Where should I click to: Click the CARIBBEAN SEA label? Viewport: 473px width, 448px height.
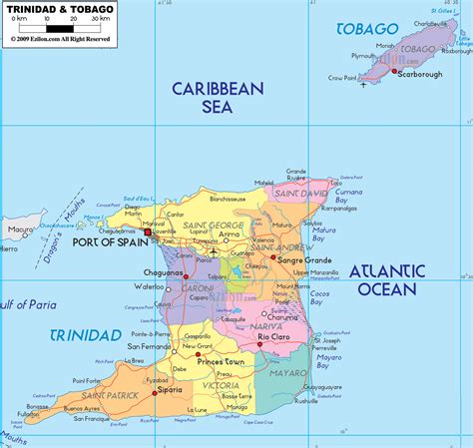coord(218,98)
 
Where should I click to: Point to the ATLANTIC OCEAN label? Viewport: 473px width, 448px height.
coord(387,280)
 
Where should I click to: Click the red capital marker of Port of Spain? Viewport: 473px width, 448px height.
coord(148,231)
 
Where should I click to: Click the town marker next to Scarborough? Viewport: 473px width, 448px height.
coord(396,72)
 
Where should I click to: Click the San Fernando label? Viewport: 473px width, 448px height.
coord(149,346)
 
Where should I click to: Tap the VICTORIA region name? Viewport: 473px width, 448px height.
coord(222,384)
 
